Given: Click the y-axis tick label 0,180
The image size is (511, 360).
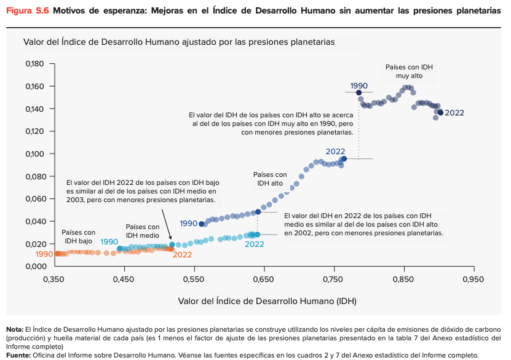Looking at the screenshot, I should pos(36,64).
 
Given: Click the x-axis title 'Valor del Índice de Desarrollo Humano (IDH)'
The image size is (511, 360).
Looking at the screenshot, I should pos(267,301).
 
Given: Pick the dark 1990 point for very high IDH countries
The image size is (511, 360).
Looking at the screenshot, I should pos(359,93).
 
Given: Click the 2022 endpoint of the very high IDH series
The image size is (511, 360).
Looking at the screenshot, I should pos(440,112).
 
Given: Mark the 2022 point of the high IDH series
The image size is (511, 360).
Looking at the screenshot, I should pos(344,158).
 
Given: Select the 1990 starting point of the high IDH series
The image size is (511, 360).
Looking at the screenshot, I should pos(202,224).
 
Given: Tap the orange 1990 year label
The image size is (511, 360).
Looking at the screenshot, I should pos(44,254).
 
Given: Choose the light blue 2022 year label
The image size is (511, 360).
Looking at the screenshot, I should pos(254,244).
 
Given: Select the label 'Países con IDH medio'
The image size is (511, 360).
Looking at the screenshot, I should pos(143,231).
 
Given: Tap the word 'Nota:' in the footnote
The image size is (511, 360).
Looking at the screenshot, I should pos(14,329).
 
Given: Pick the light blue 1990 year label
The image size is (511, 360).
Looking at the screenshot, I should pos(109,242).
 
